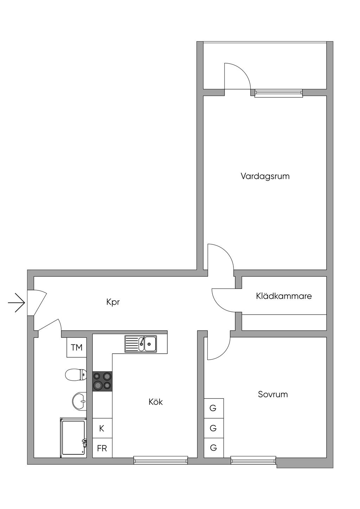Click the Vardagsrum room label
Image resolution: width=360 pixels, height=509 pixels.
(x=265, y=176)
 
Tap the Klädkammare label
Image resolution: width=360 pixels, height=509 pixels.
(x=284, y=296)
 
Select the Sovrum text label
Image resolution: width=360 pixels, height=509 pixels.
(x=273, y=394)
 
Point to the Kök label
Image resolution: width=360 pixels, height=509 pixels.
(x=156, y=402)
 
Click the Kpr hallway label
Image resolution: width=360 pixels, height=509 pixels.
(x=113, y=302)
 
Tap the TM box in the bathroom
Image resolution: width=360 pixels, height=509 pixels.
(x=77, y=347)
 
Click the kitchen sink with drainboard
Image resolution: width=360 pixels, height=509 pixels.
(x=141, y=344)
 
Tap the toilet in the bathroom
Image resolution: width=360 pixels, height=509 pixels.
(x=76, y=374)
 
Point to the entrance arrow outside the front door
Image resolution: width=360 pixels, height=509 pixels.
(x=17, y=303)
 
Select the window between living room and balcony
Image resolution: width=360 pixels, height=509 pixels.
(x=279, y=93)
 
